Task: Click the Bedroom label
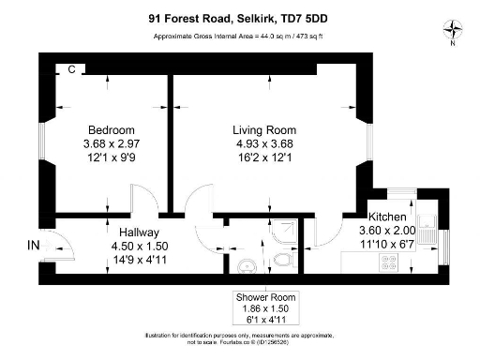[112, 129]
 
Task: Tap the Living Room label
[264, 129]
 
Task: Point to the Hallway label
[140, 232]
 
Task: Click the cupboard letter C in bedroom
[72, 69]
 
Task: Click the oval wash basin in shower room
[247, 263]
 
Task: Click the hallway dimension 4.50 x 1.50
[140, 246]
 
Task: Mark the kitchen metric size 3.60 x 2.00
[386, 230]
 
